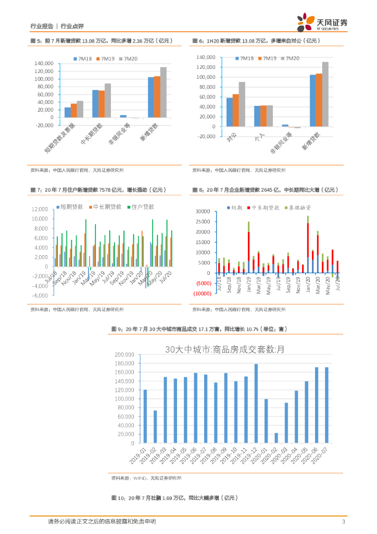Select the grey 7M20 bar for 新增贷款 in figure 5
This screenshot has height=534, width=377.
[164, 92]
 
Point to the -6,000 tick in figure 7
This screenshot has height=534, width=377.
[40, 296]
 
